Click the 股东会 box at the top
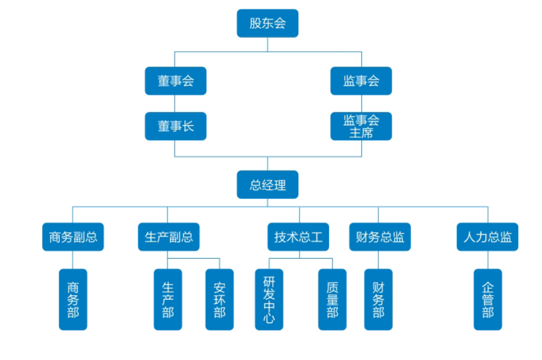coord(268,23)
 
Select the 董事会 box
coord(176,81)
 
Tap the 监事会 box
coord(361,81)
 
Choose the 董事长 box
coord(176,126)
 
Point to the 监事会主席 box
coord(361,126)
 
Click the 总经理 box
coord(268,185)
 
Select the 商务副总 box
coord(73,237)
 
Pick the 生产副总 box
coord(168,237)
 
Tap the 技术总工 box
coord(298,237)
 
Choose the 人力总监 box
coord(488,237)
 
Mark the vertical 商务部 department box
coord(73,300)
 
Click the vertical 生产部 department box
coord(168,300)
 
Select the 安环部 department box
coord(219,300)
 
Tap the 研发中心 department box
coord(269,300)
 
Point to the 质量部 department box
coord(332,300)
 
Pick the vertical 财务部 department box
coord(378,300)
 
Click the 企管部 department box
coord(488,300)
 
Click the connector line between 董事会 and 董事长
coord(176,104)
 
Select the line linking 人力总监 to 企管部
coord(488,260)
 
